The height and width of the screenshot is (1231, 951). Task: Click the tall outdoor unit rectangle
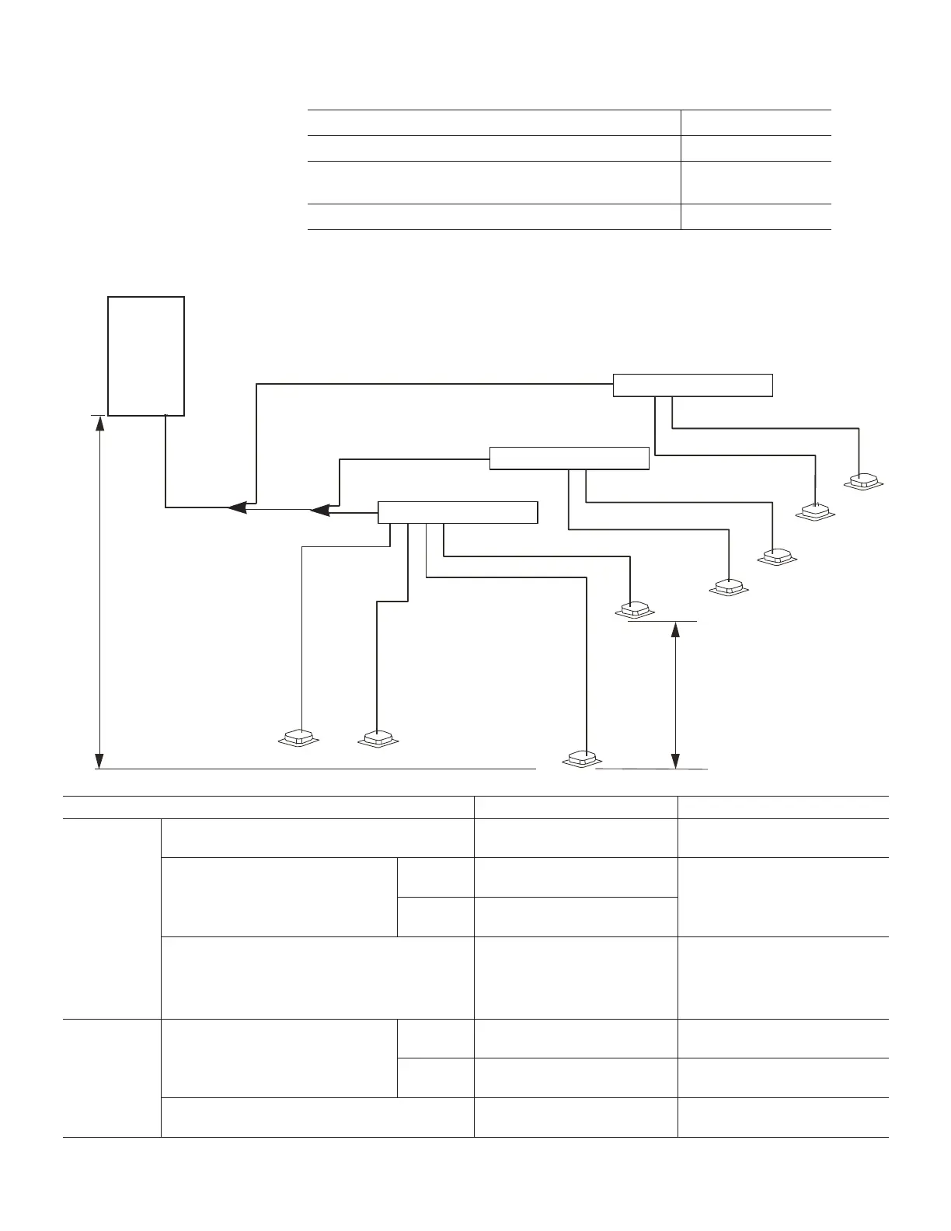click(146, 356)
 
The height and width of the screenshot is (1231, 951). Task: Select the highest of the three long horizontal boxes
click(692, 385)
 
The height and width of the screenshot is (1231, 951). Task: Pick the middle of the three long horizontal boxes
click(569, 459)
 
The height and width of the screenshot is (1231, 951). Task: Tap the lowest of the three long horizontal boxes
click(457, 513)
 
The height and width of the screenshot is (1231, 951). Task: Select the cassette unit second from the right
click(816, 511)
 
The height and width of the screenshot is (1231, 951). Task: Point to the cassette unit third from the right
click(777, 557)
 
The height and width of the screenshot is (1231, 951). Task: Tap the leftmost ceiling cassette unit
click(299, 738)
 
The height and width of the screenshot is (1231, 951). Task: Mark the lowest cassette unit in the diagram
click(581, 758)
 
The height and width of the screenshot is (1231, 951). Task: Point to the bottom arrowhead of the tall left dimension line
click(99, 759)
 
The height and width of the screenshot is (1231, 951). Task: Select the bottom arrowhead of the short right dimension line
click(676, 759)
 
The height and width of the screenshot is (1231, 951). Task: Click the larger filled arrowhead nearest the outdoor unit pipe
click(239, 507)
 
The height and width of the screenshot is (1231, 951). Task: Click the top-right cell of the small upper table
click(755, 123)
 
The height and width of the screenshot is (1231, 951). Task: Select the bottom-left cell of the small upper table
click(494, 217)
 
